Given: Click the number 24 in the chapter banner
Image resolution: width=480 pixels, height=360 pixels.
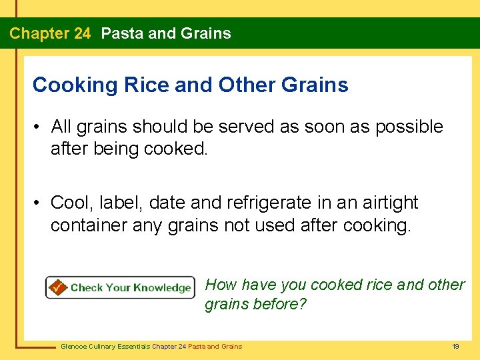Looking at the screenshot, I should pos(81,33).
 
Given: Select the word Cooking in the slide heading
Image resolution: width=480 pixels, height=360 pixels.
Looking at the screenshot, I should pos(74,85).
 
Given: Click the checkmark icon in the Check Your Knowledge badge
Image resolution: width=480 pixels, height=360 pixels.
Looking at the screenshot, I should pos(57,287).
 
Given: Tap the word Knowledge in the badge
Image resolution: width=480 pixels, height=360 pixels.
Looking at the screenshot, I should pos(161,287).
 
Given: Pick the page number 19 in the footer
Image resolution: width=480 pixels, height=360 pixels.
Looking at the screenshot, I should pos(455,346).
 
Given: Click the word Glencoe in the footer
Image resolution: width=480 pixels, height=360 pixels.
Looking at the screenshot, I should pos(74,346).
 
